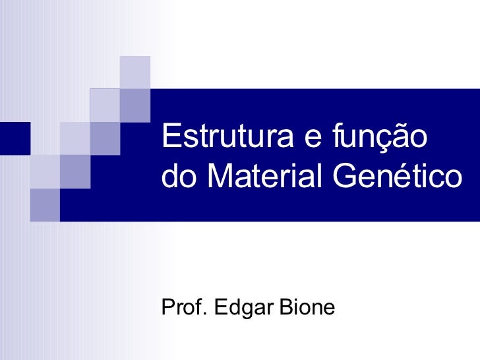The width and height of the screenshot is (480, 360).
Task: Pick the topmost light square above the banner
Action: coord(135,71)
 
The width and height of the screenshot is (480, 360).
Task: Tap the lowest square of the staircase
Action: coord(44,204)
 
